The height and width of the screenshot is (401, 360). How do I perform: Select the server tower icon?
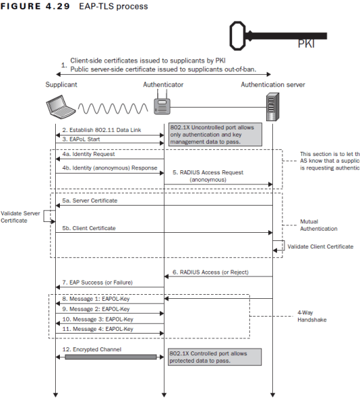coord(272,106)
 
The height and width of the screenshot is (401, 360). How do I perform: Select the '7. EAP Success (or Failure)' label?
coord(97,282)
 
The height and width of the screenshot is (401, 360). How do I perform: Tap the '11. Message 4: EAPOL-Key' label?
coord(99,328)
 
